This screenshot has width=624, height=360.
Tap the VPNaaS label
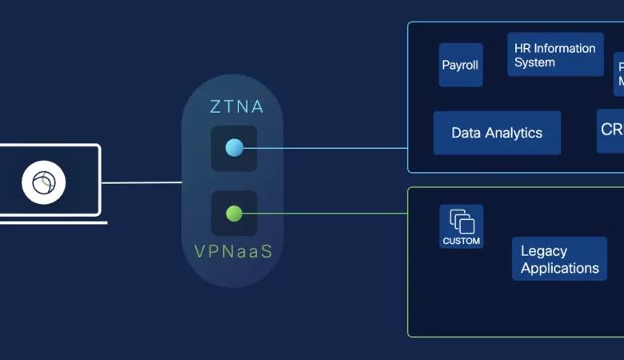click(x=234, y=251)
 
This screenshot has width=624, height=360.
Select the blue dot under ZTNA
click(x=234, y=148)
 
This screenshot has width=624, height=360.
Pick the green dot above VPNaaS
click(x=234, y=214)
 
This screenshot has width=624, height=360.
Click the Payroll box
click(x=461, y=65)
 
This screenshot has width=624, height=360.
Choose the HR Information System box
click(x=554, y=54)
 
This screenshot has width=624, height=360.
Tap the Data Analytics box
click(x=497, y=133)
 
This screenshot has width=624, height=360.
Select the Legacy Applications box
click(x=559, y=259)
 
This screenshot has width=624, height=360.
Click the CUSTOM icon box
click(x=461, y=226)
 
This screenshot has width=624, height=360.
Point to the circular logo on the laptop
click(x=44, y=183)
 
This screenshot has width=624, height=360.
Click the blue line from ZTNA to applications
click(x=328, y=148)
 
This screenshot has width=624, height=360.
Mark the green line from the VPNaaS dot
click(x=328, y=214)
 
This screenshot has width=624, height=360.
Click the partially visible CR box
click(x=611, y=131)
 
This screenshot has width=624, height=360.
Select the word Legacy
click(x=544, y=250)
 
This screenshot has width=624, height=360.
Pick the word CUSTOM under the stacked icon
click(x=461, y=241)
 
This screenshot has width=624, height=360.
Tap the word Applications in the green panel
click(x=560, y=268)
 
